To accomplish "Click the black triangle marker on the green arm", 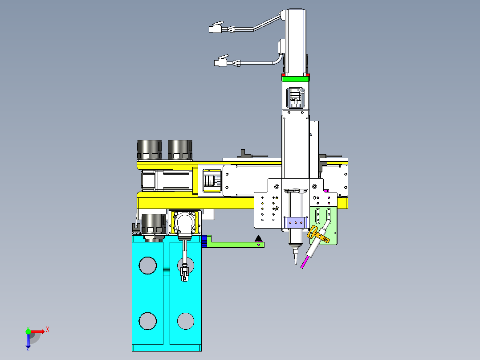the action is (x=259, y=238).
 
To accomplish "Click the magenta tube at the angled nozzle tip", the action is (x=305, y=262).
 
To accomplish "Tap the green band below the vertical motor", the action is (x=295, y=79).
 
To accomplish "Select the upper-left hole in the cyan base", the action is (x=147, y=266).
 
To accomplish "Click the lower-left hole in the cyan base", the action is (x=147, y=321).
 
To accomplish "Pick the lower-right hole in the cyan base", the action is (x=186, y=321).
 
